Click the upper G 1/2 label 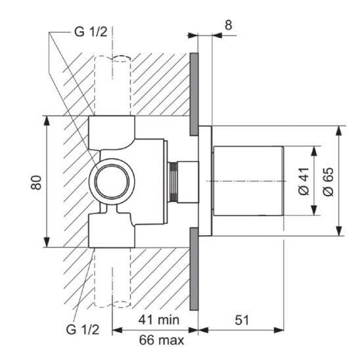click(91, 32)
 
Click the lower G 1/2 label click(82, 330)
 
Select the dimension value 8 click(228, 25)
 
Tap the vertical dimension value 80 click(36, 183)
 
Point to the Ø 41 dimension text click(304, 181)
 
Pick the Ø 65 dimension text click(328, 181)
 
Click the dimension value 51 click(242, 320)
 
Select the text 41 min click(158, 319)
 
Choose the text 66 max click(162, 340)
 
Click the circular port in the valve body click(112, 181)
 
